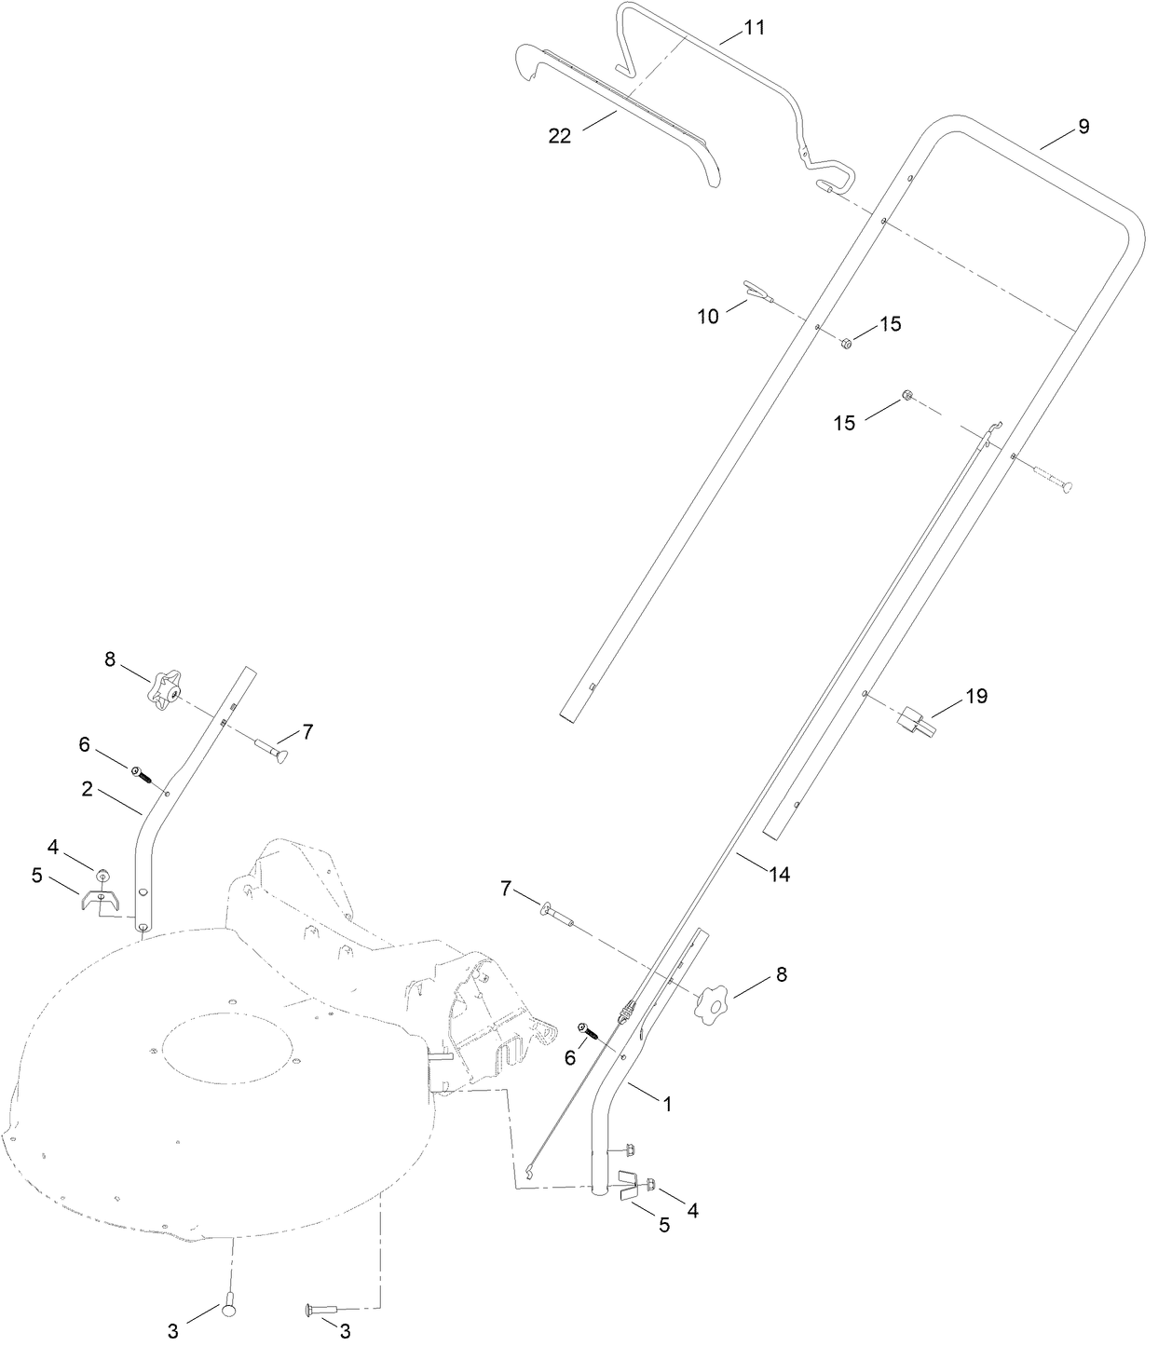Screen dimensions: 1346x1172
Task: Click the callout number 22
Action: (559, 135)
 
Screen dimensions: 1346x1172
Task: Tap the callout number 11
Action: (754, 28)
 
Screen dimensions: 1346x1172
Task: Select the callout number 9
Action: (1083, 127)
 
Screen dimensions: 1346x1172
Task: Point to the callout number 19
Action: (975, 696)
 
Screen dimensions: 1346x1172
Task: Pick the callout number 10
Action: (708, 316)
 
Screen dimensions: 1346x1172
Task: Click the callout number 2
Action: (87, 789)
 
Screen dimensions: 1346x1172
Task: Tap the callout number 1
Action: (667, 1104)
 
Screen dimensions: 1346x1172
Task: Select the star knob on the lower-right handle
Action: (713, 1002)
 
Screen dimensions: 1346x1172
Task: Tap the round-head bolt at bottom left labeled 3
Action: (231, 1310)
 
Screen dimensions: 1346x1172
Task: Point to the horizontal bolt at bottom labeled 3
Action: (321, 1310)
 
